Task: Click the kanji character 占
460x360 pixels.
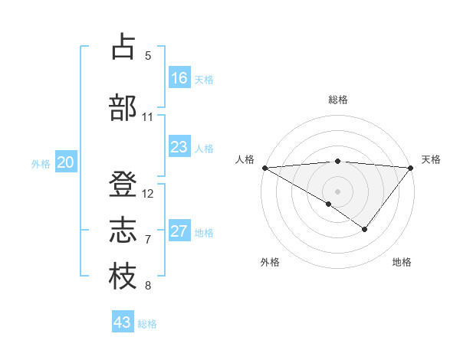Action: (123, 47)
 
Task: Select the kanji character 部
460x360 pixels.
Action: (123, 107)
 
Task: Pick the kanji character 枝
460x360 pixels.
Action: (123, 277)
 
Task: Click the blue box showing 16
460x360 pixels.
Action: (179, 78)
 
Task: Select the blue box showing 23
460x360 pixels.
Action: (179, 147)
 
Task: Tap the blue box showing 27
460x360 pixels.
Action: (179, 231)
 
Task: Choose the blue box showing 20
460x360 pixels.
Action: (66, 162)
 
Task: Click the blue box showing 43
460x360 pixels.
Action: (123, 322)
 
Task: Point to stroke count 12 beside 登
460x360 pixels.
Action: (148, 193)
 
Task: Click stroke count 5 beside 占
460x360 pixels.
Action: (148, 55)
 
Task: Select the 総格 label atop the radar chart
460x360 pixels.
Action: (337, 100)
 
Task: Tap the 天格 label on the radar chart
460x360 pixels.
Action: (431, 159)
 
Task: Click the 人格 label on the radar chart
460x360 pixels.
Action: (244, 159)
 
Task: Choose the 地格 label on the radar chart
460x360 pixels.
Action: (402, 262)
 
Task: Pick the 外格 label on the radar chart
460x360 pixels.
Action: (270, 262)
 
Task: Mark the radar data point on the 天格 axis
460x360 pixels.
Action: (410, 167)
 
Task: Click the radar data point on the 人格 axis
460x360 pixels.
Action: (264, 167)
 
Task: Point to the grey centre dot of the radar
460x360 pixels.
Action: (337, 191)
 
